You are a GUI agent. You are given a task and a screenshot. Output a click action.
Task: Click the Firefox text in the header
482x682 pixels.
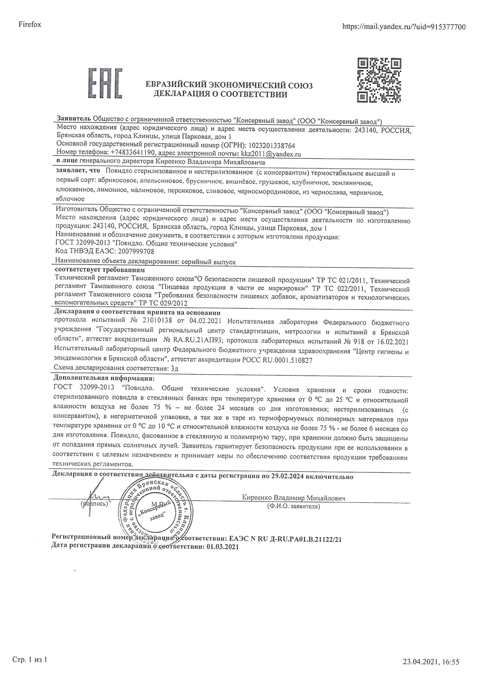click(x=30, y=25)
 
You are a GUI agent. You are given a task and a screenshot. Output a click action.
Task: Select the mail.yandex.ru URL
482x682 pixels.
click(x=404, y=27)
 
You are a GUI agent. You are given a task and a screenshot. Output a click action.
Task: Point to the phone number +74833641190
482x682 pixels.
click(x=133, y=153)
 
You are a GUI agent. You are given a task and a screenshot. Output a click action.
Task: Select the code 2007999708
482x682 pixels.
click(x=136, y=251)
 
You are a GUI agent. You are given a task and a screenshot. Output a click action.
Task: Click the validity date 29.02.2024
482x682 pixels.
click(x=288, y=476)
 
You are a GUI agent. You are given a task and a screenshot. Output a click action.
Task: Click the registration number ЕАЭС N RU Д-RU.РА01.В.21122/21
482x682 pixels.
click(x=285, y=539)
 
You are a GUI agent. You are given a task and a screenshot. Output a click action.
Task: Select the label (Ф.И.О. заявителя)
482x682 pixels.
click(x=293, y=506)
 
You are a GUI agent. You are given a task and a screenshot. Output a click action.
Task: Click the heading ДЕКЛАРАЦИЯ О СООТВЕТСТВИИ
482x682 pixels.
click(x=220, y=95)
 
